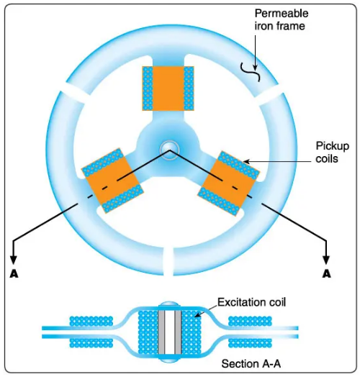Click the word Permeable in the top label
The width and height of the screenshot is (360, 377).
point(282,13)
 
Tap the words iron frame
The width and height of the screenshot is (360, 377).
point(279,26)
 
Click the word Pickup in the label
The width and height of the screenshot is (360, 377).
point(333,146)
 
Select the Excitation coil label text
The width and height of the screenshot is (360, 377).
point(252,302)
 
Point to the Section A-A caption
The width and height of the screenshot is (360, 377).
point(251,364)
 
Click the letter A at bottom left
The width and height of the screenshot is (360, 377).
point(14,273)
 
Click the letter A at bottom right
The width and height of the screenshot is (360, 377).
point(326,273)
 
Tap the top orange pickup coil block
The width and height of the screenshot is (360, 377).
point(168,88)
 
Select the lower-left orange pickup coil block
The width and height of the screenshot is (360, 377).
point(112,181)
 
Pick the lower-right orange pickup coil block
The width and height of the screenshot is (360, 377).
point(228,183)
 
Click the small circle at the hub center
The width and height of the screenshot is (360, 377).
point(169,150)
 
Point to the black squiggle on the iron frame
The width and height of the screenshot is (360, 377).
point(251,72)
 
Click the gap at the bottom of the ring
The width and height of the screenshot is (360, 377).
point(168,262)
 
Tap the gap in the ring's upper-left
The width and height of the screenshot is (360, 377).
point(74,93)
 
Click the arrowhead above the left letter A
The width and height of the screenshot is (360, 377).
point(14,260)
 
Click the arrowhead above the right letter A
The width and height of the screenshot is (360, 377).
point(326,260)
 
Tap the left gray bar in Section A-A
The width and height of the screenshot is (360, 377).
point(161,332)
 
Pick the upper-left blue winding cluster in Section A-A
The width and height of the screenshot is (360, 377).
point(91,321)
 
